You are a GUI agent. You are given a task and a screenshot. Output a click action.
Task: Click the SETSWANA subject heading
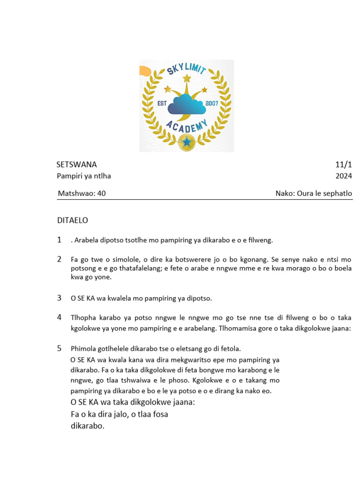tap(76, 165)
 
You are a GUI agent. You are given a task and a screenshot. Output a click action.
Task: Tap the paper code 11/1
tap(343, 165)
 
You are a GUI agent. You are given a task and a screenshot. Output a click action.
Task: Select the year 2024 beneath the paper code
tap(343, 176)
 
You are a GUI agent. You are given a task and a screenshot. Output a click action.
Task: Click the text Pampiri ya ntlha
tap(84, 176)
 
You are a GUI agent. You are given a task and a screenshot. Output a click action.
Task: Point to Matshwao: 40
tap(82, 194)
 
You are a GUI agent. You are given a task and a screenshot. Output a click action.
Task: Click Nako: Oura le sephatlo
tap(314, 194)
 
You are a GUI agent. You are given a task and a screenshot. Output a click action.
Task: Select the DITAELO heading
tap(72, 220)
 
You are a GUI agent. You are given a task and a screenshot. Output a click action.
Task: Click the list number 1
tap(60, 240)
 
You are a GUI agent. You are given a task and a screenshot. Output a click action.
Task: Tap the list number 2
tap(60, 259)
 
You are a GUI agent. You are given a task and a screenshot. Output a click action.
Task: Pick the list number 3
tap(60, 298)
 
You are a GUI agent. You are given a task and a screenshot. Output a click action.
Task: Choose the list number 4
tap(60, 317)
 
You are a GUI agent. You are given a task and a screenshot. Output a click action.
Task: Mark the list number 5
tap(60, 348)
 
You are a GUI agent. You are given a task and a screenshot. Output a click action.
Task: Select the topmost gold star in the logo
tap(187, 78)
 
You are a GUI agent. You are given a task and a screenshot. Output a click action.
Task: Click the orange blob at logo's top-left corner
tap(144, 71)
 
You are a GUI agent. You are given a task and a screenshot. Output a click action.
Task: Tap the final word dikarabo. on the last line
tap(87, 427)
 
